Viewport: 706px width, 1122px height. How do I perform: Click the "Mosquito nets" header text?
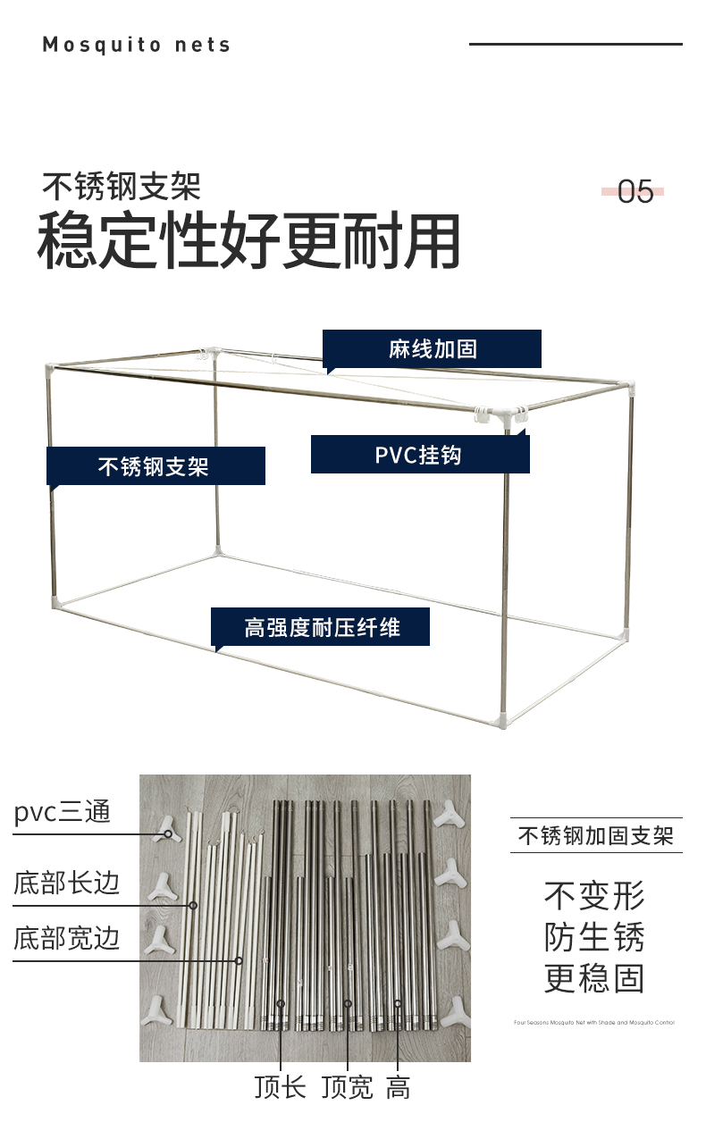click(x=136, y=45)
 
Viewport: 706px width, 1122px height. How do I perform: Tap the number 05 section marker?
click(x=635, y=191)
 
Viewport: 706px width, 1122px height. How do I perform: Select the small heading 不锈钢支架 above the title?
click(x=122, y=186)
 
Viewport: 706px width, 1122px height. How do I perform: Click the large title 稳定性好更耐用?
click(x=248, y=241)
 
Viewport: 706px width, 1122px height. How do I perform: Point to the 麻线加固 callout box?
click(x=433, y=348)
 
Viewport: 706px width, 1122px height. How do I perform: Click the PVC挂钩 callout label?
click(x=419, y=455)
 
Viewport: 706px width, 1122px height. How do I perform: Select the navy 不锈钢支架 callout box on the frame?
click(x=155, y=466)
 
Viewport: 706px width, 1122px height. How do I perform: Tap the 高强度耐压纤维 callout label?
click(x=321, y=627)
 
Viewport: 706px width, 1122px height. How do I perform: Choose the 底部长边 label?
click(x=66, y=883)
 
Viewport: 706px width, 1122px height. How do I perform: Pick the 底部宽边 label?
click(x=66, y=939)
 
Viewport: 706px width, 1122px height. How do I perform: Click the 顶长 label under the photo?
click(x=280, y=1087)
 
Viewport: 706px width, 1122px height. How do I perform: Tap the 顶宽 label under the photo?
click(x=347, y=1087)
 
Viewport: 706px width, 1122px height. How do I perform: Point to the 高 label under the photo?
click(x=399, y=1087)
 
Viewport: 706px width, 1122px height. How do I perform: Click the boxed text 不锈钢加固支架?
click(x=596, y=836)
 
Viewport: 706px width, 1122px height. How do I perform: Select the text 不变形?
click(x=594, y=895)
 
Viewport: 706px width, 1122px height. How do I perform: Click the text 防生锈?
click(x=594, y=937)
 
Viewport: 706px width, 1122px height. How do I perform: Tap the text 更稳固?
click(x=594, y=979)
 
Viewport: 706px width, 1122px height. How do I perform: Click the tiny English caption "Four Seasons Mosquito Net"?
click(x=594, y=1022)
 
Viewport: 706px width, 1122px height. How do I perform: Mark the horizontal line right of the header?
click(x=576, y=44)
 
